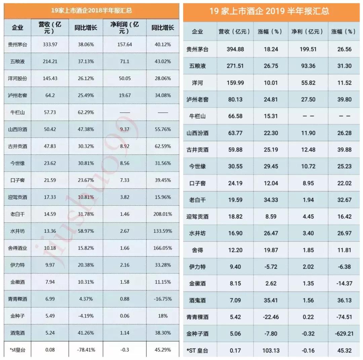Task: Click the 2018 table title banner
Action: click(91, 10)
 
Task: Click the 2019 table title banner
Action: click(273, 11)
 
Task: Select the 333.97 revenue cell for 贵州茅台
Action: click(50, 44)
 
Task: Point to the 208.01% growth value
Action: click(163, 214)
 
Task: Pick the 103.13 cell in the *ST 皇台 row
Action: click(271, 351)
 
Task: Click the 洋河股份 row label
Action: click(17, 78)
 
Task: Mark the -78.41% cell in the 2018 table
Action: click(86, 350)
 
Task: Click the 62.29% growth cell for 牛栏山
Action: click(86, 112)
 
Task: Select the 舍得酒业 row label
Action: click(17, 248)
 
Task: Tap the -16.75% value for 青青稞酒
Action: click(163, 299)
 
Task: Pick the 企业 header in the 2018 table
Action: click(17, 27)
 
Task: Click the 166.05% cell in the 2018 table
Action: click(163, 248)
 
